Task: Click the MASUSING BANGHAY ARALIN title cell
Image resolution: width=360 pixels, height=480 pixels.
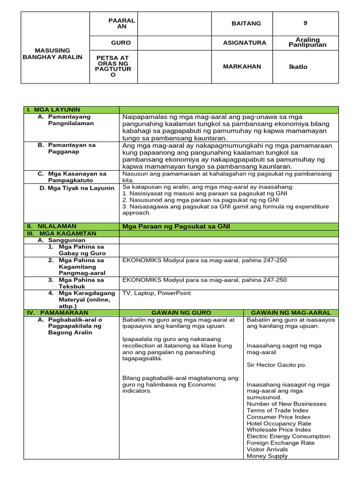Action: pos(52,53)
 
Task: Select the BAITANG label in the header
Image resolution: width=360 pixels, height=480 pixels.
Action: pos(246,23)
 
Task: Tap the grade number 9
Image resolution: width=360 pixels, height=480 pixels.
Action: pos(305,23)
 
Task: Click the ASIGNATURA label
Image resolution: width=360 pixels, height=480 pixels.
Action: pos(244,43)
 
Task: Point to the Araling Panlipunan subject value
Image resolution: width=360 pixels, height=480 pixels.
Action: pos(307,43)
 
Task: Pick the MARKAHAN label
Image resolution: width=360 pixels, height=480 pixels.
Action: pos(242,67)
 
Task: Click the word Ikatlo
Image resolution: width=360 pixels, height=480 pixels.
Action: pos(298,67)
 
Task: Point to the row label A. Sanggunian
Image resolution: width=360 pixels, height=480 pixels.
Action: pos(61,240)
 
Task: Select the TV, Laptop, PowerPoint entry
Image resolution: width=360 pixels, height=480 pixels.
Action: pos(157,293)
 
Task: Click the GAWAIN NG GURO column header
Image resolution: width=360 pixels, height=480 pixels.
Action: pos(181,313)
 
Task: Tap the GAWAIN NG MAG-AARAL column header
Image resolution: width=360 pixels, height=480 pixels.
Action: pos(291,313)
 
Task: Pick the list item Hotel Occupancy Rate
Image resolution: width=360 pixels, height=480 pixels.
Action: pos(278,423)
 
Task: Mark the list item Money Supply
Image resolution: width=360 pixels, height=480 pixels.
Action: pos(267,456)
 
